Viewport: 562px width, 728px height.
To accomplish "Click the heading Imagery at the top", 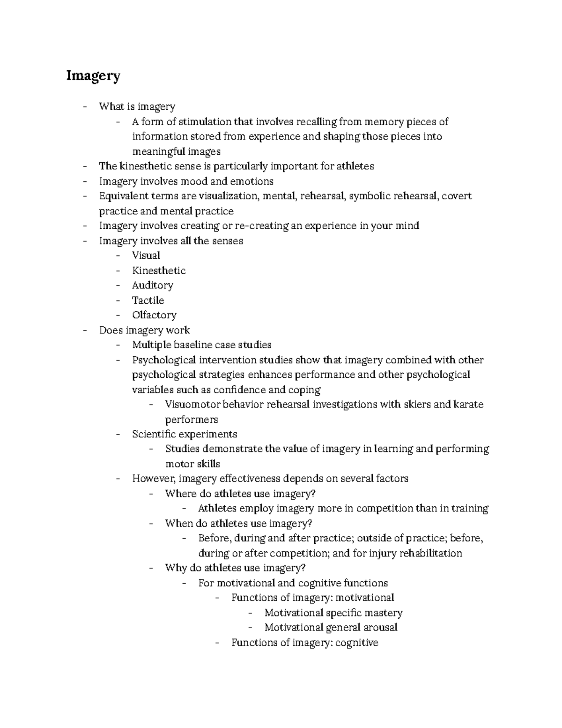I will tap(93, 75).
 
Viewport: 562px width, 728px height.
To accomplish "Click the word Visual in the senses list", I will tap(146, 255).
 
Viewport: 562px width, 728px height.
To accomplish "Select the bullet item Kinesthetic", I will tap(159, 270).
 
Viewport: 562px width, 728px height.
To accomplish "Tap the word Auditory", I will tap(152, 285).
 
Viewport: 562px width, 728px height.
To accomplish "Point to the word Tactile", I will tap(148, 300).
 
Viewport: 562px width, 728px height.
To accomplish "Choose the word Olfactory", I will tap(154, 315).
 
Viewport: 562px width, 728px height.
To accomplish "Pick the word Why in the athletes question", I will tap(175, 568).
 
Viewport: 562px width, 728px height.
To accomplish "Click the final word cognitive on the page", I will tap(357, 642).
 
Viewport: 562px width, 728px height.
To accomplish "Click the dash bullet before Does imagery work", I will tap(84, 330).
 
